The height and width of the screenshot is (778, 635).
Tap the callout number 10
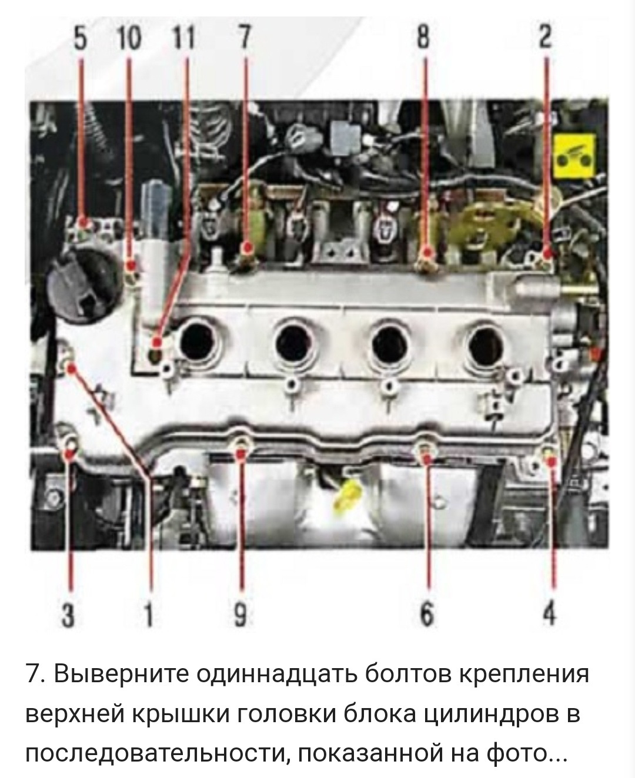click(x=129, y=39)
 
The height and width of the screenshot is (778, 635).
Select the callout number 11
click(x=184, y=39)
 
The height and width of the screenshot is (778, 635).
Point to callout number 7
click(x=243, y=39)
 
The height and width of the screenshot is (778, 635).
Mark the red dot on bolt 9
click(x=241, y=454)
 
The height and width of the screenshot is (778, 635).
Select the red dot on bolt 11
click(x=157, y=343)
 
